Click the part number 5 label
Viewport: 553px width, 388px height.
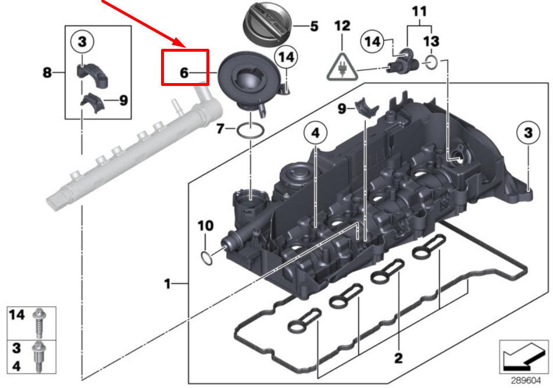[314, 26]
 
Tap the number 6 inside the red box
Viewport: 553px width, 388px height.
[184, 73]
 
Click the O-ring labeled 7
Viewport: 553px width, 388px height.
[251, 130]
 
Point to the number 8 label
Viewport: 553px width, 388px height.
[47, 73]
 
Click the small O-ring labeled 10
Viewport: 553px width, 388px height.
[206, 258]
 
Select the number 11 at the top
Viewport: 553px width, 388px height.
[419, 12]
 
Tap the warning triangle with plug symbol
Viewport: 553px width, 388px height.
[342, 67]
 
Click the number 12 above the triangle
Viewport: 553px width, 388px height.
[342, 26]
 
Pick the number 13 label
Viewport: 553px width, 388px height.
[431, 41]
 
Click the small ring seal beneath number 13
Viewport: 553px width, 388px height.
[431, 63]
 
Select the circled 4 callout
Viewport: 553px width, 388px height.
[315, 133]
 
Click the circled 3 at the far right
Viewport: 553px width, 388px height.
[528, 133]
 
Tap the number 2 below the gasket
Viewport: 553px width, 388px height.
[398, 358]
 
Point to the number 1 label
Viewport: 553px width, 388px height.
[167, 283]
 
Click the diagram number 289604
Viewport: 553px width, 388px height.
[526, 381]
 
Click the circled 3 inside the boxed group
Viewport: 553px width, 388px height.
[82, 42]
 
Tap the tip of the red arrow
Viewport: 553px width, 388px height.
[185, 47]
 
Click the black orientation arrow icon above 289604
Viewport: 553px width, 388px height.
[523, 357]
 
